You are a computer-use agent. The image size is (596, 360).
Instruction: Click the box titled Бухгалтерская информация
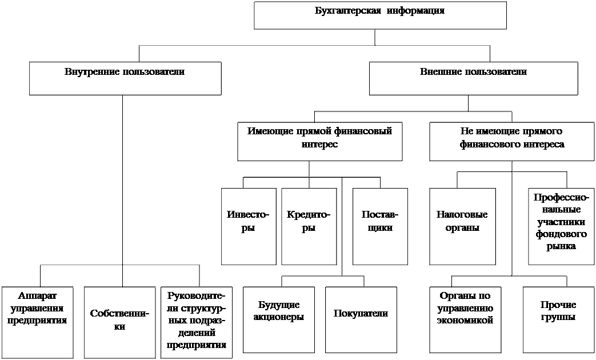(380, 15)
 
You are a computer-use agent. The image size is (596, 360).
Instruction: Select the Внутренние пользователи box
(125, 78)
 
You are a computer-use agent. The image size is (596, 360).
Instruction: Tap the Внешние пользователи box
(473, 78)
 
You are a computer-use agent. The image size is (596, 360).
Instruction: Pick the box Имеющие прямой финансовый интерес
(319, 141)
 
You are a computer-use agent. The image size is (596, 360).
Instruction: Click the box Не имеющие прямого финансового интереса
(512, 141)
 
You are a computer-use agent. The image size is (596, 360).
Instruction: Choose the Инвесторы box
(248, 226)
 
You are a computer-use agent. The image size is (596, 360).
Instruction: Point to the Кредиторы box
(309, 226)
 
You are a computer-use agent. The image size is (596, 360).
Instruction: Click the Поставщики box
(380, 226)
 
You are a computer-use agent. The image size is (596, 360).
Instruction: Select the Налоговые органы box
(462, 226)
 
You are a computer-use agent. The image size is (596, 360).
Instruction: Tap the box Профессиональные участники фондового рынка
(561, 226)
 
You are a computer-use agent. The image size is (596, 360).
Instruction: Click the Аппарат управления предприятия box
(38, 322)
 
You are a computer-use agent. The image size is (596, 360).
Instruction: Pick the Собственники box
(119, 322)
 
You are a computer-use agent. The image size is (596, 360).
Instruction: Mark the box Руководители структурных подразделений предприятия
(197, 322)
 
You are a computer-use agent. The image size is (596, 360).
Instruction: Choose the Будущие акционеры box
(278, 319)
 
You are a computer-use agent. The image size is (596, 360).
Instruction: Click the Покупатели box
(361, 319)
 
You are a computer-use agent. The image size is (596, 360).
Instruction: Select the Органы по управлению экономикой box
(465, 319)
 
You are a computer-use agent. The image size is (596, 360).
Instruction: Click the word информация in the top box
(415, 11)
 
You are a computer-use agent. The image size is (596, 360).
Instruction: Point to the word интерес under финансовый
(319, 145)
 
